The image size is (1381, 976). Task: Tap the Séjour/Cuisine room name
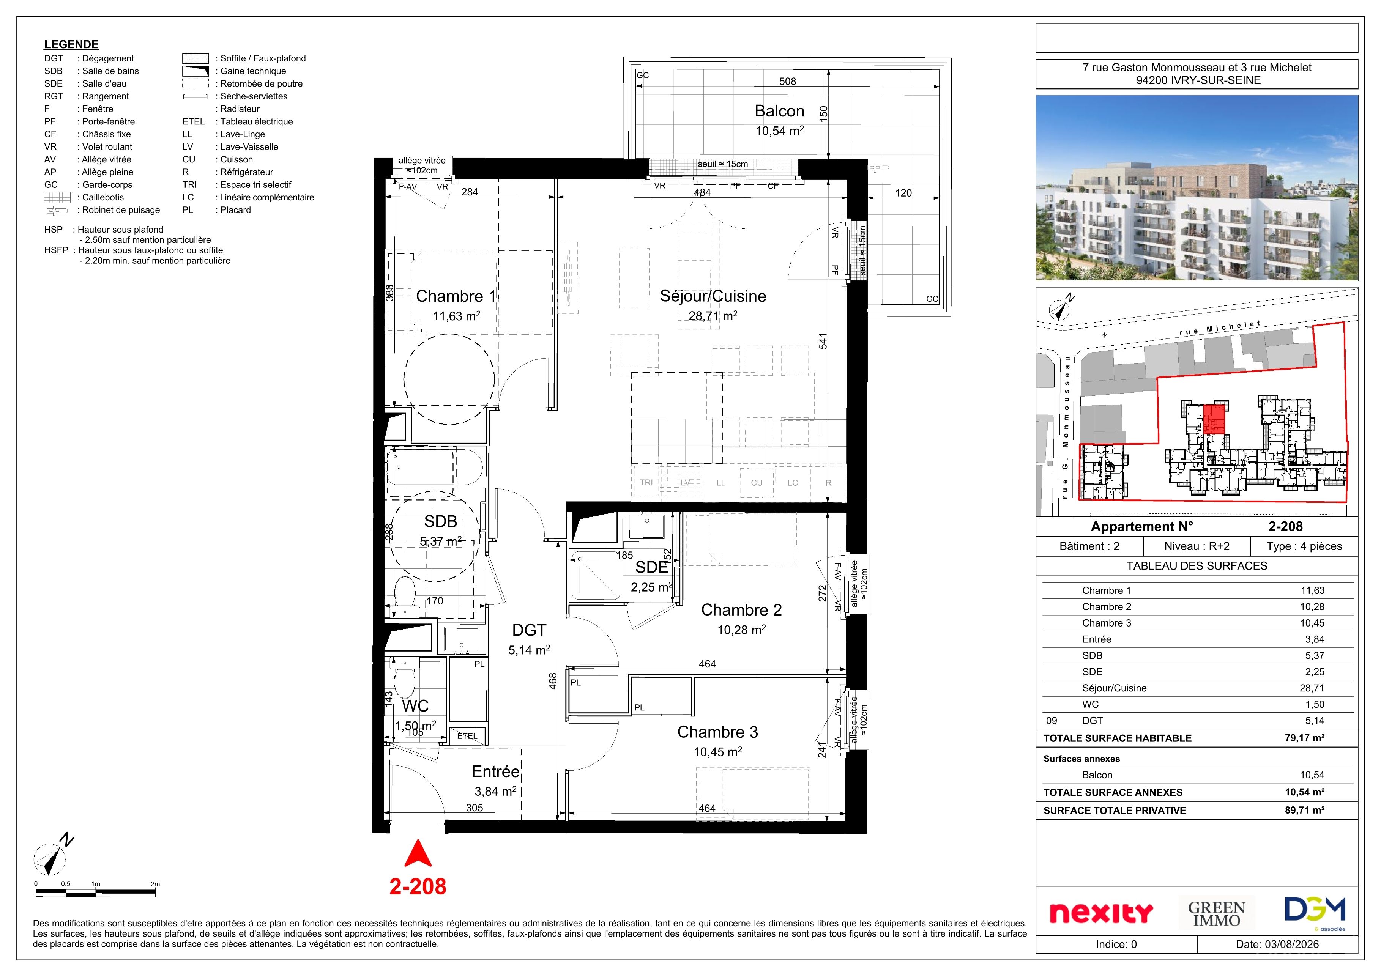coord(713,296)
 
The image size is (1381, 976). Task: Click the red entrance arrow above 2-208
coord(418,853)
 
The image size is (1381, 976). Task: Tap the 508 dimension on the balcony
coord(787,81)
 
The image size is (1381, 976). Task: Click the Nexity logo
coord(1101,913)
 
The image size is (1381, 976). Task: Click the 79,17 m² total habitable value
coord(1305,738)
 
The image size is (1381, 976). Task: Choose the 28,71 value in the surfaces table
coord(1312,688)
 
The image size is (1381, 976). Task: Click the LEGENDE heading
coord(72,44)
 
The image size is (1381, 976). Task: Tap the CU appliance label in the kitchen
coord(757,482)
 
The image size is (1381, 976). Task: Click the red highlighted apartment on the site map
coord(1214,419)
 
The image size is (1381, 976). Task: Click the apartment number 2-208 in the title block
coord(1285,526)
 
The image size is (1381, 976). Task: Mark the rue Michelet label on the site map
coord(1220,328)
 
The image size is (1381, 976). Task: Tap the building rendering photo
coord(1197,188)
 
